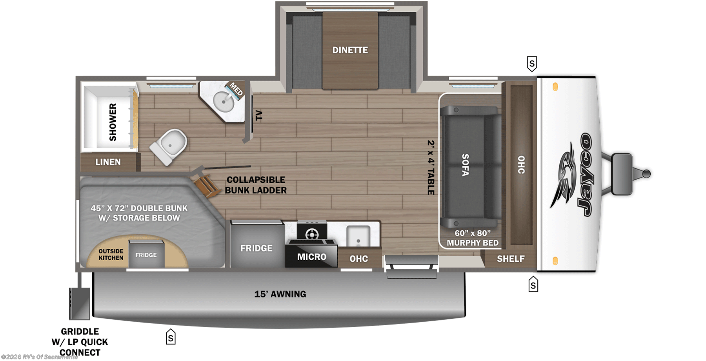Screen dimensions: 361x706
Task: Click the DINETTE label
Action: [x=350, y=50]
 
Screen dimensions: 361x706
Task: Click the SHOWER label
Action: [x=113, y=122]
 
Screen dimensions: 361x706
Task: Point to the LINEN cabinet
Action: [x=109, y=162]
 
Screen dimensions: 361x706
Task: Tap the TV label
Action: [x=258, y=115]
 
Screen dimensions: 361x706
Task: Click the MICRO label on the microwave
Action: [x=312, y=257]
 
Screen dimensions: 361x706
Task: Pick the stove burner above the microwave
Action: [x=312, y=235]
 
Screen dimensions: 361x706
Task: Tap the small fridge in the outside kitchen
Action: [x=146, y=255]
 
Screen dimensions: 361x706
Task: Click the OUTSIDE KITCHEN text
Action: [x=111, y=254]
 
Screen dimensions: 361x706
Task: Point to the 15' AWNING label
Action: [x=280, y=294]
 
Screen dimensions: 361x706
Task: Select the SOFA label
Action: [x=465, y=165]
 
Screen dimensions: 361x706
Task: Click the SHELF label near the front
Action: [x=511, y=259]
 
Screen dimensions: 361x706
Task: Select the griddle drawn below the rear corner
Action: [x=79, y=303]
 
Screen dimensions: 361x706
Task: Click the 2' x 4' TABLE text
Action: [x=431, y=167]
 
